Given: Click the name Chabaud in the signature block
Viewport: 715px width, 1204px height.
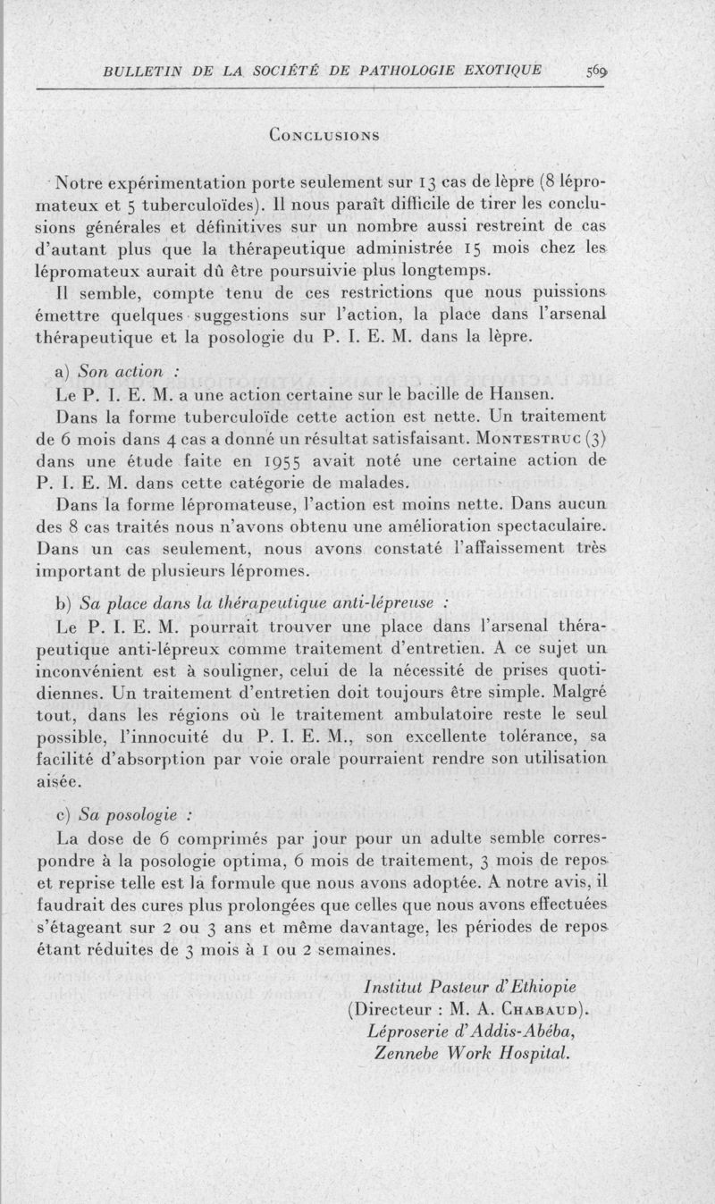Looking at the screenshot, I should tap(534, 1009).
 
